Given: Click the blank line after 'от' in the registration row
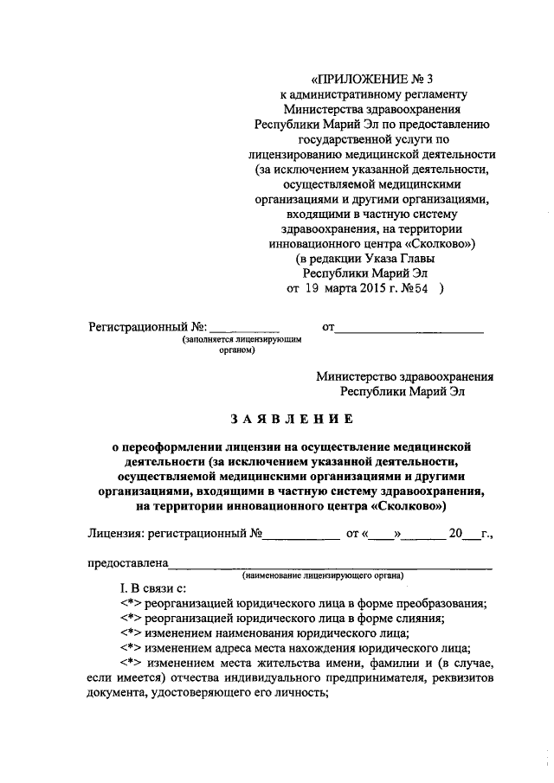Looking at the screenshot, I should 409,328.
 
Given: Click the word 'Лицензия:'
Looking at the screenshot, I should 116,534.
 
